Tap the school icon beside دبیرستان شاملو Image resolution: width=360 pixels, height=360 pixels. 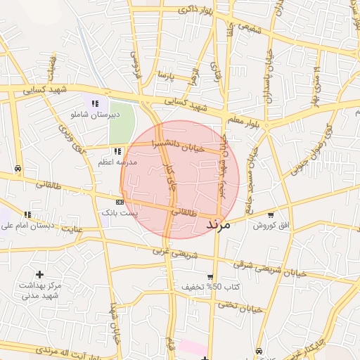click(95, 104)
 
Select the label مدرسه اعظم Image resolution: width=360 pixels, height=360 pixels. click(118, 162)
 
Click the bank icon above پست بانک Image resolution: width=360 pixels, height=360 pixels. click(120, 202)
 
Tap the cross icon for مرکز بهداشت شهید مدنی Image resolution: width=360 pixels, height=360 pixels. click(39, 274)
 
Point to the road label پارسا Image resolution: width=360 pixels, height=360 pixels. click(165, 74)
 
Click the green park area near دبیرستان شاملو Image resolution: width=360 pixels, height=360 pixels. click(121, 122)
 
